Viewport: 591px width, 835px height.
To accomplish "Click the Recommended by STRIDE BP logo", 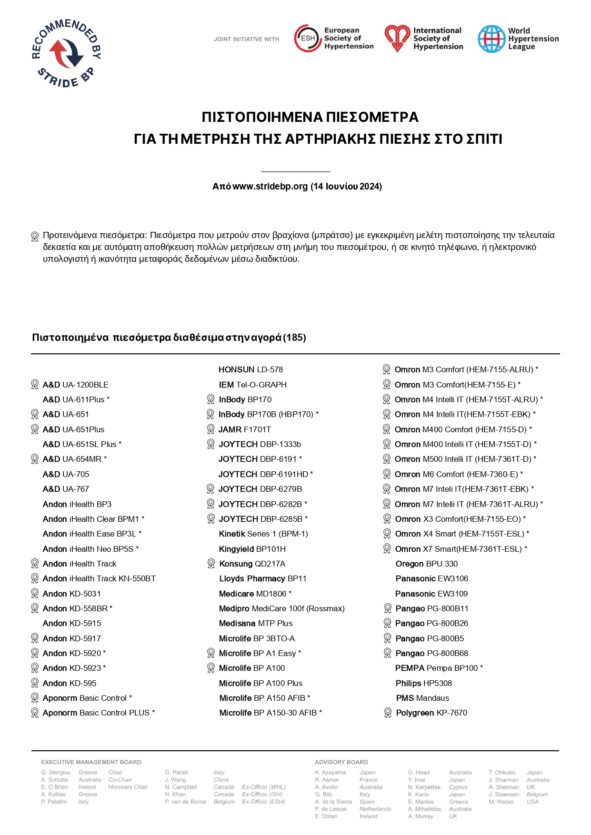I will click(x=66, y=53).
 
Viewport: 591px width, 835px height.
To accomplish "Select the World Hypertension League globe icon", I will click(x=491, y=39).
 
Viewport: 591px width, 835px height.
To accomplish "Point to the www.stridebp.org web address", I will click(x=270, y=187).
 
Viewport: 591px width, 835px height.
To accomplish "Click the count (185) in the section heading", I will click(x=294, y=338).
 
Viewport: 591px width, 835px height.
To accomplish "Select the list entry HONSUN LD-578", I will click(x=250, y=369).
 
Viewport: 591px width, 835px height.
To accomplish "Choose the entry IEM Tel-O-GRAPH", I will click(x=252, y=385).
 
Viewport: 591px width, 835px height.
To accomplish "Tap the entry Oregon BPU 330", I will click(x=426, y=564).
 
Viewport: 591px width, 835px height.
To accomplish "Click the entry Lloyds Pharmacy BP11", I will click(x=262, y=578).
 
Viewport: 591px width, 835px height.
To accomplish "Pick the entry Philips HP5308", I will click(x=423, y=683).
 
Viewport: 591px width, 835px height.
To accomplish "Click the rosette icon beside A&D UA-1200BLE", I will click(x=35, y=384).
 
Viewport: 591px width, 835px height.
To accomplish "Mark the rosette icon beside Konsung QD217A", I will click(x=211, y=564).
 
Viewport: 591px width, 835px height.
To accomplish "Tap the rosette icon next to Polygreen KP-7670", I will click(x=388, y=713).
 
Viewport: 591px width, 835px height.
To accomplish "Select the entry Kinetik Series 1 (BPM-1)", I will click(x=263, y=534).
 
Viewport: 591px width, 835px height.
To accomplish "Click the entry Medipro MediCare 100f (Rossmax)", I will click(x=281, y=608).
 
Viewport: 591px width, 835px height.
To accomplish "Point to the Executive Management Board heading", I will click(x=91, y=762).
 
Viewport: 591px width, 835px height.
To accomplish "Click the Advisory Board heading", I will click(x=341, y=762).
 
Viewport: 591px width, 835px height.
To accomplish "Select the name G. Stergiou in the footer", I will click(x=56, y=773).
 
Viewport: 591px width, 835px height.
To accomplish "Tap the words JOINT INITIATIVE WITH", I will click(x=246, y=40).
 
